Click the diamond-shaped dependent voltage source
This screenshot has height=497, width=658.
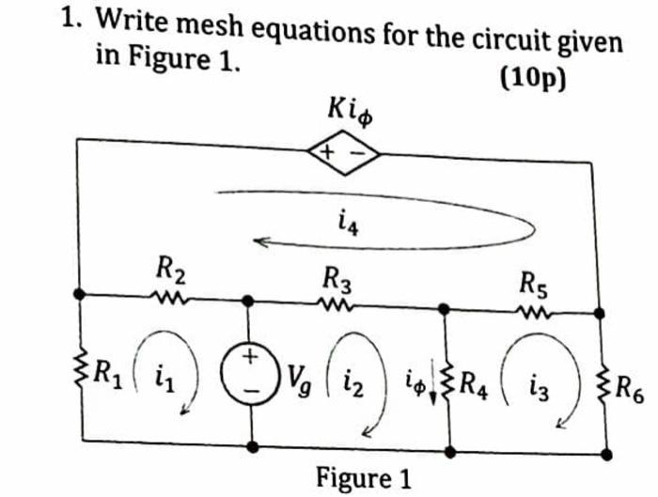[x=339, y=152]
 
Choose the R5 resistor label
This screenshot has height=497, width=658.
[x=534, y=281]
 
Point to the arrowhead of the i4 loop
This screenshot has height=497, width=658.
[x=265, y=244]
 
